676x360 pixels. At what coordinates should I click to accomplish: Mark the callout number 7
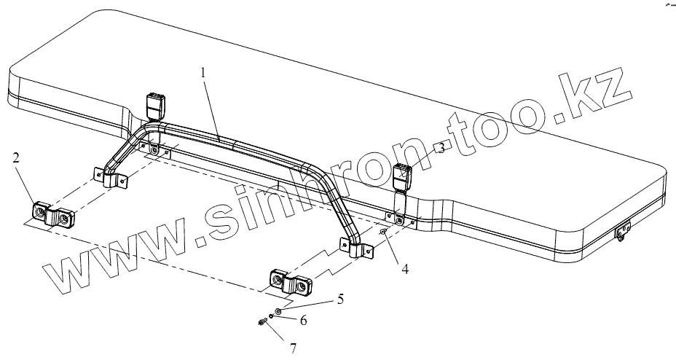294,349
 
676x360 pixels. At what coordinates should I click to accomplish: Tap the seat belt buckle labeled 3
403,177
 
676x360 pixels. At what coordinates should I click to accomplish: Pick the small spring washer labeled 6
271,316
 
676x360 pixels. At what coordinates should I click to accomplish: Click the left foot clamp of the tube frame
111,178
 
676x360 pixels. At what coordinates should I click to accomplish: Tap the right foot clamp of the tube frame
356,249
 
